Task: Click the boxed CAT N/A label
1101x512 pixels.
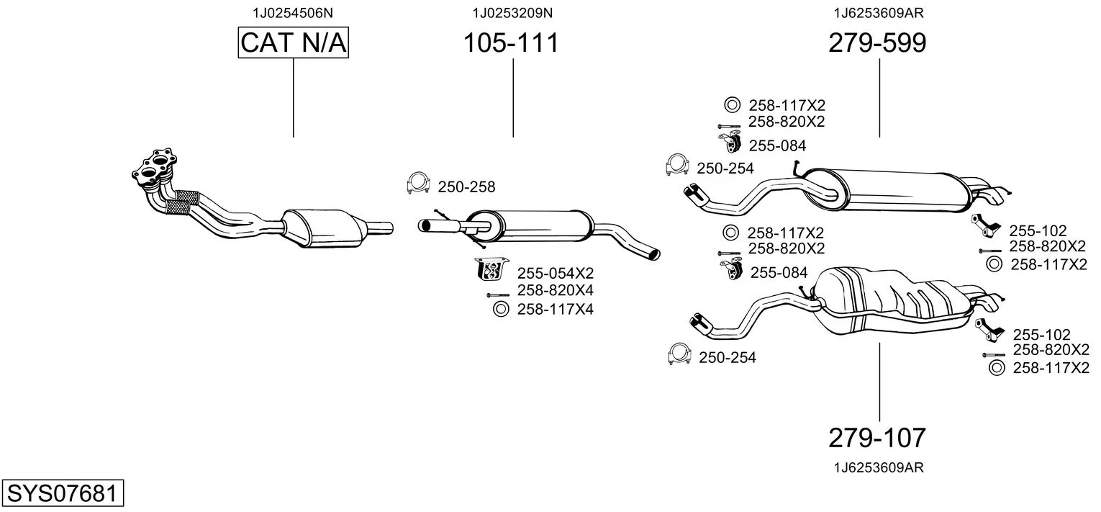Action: coord(293,43)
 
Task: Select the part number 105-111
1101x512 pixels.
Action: coord(510,43)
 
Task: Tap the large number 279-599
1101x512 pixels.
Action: coord(877,43)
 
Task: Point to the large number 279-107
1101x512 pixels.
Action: coord(877,437)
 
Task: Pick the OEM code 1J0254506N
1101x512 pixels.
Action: coord(293,13)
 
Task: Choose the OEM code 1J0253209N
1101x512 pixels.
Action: coord(512,13)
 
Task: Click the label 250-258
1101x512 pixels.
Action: coord(466,187)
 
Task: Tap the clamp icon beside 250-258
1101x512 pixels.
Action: coord(418,184)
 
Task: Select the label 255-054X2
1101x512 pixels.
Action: coord(555,273)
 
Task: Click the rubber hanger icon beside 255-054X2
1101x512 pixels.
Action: coord(492,269)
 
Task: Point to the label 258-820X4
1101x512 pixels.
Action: coord(555,290)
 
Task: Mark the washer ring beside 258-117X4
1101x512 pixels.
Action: coord(499,310)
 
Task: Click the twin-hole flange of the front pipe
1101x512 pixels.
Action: coord(155,166)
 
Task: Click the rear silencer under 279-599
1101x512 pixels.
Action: coord(892,190)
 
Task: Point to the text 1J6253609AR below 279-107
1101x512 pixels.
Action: coord(879,467)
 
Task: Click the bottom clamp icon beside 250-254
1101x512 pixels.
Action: coord(679,354)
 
